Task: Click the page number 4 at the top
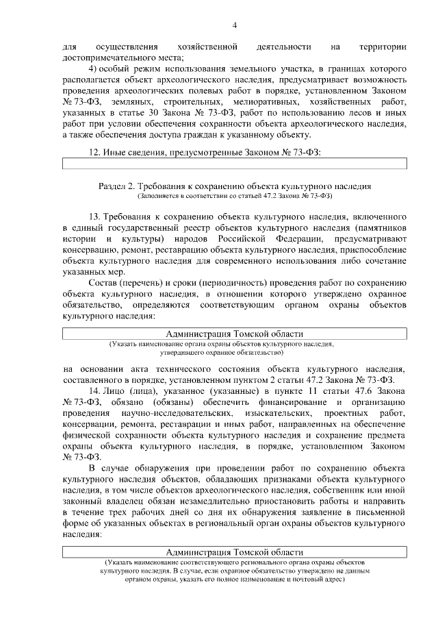point(233,25)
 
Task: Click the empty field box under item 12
point(234,164)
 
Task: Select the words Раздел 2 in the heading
point(116,186)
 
